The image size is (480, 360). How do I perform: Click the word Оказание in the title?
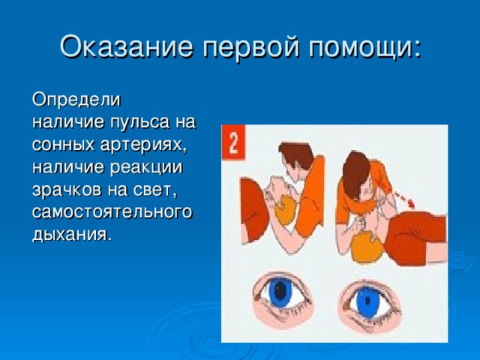pos(126,46)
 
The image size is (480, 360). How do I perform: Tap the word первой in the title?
pos(250,47)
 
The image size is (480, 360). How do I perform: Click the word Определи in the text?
pos(76,100)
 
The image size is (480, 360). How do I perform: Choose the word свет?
pos(155,190)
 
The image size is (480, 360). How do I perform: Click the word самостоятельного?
pos(112,213)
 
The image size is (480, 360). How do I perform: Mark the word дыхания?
pos(70,235)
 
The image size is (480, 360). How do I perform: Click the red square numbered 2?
pos(233,142)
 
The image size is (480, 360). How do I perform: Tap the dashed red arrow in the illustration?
pos(403,199)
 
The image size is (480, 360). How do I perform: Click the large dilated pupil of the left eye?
pos(280,291)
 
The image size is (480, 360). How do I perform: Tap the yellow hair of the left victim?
pos(285,211)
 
